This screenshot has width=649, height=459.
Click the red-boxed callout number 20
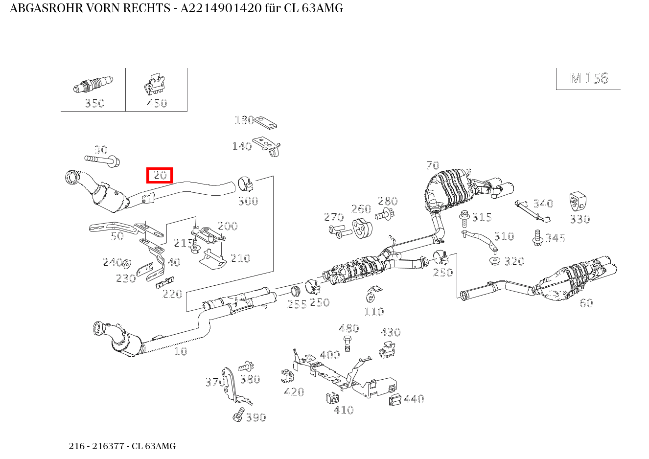(160, 175)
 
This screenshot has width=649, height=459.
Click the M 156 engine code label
(589, 78)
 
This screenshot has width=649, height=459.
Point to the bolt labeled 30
(102, 160)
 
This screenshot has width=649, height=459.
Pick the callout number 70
(433, 165)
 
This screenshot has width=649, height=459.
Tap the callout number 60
(586, 303)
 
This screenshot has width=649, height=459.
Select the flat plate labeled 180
(265, 123)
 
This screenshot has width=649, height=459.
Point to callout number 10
(181, 351)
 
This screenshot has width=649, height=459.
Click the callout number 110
(374, 312)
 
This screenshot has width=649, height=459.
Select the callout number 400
(329, 355)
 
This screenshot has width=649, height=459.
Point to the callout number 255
(297, 304)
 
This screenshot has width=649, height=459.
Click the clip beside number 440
(395, 400)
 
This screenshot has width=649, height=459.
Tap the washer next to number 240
(126, 263)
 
